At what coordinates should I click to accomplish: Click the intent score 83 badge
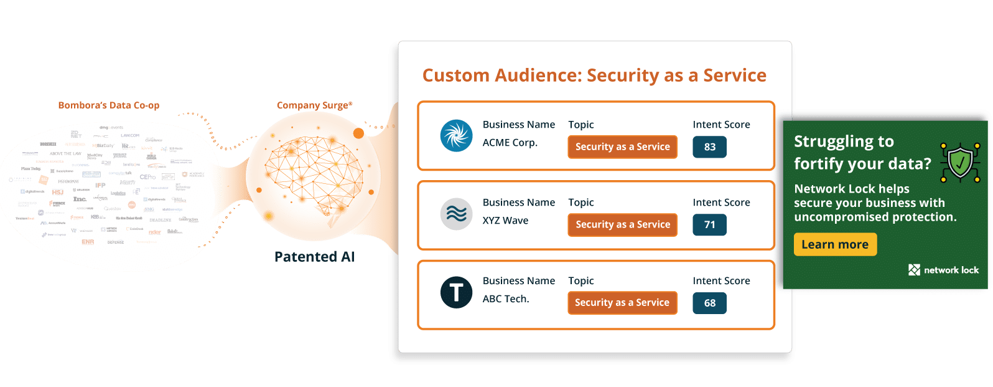point(709,147)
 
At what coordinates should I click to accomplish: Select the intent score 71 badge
point(709,225)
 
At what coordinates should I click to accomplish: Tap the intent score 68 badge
point(709,303)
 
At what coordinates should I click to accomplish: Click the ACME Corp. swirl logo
point(456,136)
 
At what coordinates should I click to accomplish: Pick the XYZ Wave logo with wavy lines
point(456,214)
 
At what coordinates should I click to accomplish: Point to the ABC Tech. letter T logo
point(456,292)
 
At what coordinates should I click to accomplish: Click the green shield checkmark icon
point(960,163)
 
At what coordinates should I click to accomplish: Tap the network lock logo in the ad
point(943,270)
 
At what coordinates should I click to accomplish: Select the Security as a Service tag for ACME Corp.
point(622,147)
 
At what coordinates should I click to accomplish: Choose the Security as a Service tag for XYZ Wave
point(622,225)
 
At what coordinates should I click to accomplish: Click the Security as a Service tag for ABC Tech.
point(622,303)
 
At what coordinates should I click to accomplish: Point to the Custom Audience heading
point(594,75)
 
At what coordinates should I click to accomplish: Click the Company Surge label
point(314,105)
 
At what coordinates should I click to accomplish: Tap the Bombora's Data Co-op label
point(109,105)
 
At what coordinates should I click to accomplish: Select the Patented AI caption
point(314,257)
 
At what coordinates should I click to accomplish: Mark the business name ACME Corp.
point(510,143)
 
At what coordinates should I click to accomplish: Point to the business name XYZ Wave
point(505,221)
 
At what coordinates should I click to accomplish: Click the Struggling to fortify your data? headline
point(862,153)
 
